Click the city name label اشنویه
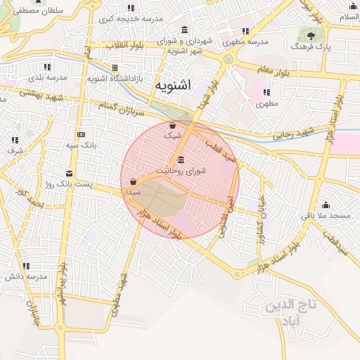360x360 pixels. tap(173, 86)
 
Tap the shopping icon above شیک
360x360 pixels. tap(173, 125)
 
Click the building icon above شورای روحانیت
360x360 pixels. tap(181, 158)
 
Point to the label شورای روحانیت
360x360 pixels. tap(181, 171)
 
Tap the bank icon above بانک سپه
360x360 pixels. tap(81, 134)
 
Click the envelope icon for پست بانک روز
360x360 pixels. tap(68, 173)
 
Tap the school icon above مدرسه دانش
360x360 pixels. tap(26, 266)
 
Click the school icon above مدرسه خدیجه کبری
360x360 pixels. tap(131, 8)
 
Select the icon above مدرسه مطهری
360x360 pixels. tap(245, 31)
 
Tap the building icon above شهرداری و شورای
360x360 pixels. tap(184, 30)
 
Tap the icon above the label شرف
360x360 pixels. tap(15, 140)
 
